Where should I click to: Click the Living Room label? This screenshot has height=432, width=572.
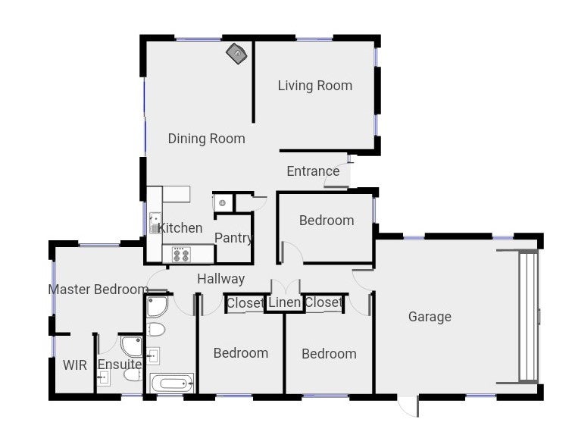tap(315, 86)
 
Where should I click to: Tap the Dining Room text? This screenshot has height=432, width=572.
tap(207, 139)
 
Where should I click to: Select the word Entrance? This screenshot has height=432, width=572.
tap(313, 171)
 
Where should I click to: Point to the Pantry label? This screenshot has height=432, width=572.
tap(233, 238)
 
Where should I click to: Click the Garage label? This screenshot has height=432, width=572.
tap(430, 317)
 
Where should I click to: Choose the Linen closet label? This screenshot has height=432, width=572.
tap(285, 302)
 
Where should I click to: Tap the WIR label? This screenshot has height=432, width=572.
tap(75, 365)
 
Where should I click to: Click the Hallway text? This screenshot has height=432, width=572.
tap(220, 279)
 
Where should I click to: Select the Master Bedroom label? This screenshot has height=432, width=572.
tap(98, 290)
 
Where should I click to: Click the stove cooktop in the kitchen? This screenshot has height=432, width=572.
tap(181, 255)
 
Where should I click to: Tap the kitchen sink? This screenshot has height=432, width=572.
tap(155, 223)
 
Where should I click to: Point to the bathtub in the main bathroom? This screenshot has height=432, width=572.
tap(172, 383)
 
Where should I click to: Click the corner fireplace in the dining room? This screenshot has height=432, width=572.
tap(236, 54)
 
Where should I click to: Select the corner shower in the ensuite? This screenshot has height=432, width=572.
tap(131, 346)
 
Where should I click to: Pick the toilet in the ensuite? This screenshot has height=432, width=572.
tap(133, 374)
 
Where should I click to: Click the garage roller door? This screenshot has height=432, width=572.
tap(529, 317)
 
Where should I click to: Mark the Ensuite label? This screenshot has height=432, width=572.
tap(120, 364)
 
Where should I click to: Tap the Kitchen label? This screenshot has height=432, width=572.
tap(180, 228)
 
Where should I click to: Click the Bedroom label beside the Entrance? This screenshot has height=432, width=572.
tap(327, 221)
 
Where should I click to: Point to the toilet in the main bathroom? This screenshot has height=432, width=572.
tap(156, 330)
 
